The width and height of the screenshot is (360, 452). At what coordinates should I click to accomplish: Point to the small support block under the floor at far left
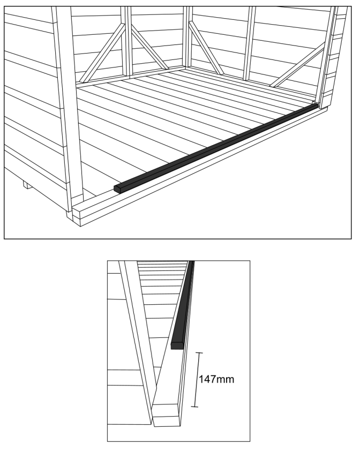tap(25, 185)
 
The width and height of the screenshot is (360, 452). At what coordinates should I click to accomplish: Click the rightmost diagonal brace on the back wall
tap(300, 64)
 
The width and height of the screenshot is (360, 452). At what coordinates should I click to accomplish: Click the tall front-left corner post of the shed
tap(67, 107)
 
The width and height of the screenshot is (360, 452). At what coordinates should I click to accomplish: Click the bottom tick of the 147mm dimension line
tap(194, 407)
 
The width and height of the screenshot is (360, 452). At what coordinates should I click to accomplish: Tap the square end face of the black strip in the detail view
tap(176, 345)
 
